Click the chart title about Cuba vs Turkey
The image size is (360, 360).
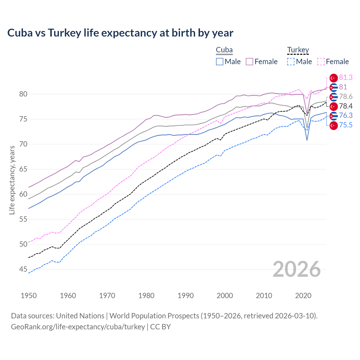click(120, 33)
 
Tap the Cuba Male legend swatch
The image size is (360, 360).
click(220, 62)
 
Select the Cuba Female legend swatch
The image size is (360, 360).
click(249, 62)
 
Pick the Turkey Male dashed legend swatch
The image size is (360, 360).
click(291, 62)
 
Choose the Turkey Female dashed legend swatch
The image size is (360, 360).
click(321, 62)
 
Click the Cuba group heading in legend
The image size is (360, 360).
click(224, 50)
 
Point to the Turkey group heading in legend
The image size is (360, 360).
click(298, 50)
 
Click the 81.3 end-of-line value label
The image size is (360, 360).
click(346, 77)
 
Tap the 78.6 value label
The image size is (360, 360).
click(346, 96)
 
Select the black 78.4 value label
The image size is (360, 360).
click(346, 106)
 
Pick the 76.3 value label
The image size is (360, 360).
click(346, 115)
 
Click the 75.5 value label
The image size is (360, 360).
click(346, 125)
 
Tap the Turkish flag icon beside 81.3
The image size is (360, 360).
click(334, 78)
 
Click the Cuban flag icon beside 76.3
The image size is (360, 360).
click(334, 116)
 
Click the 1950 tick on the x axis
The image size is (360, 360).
click(29, 296)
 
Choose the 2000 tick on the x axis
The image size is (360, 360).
click(225, 296)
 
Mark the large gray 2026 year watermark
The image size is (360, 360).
click(296, 269)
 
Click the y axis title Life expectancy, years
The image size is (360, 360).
click(12, 180)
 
